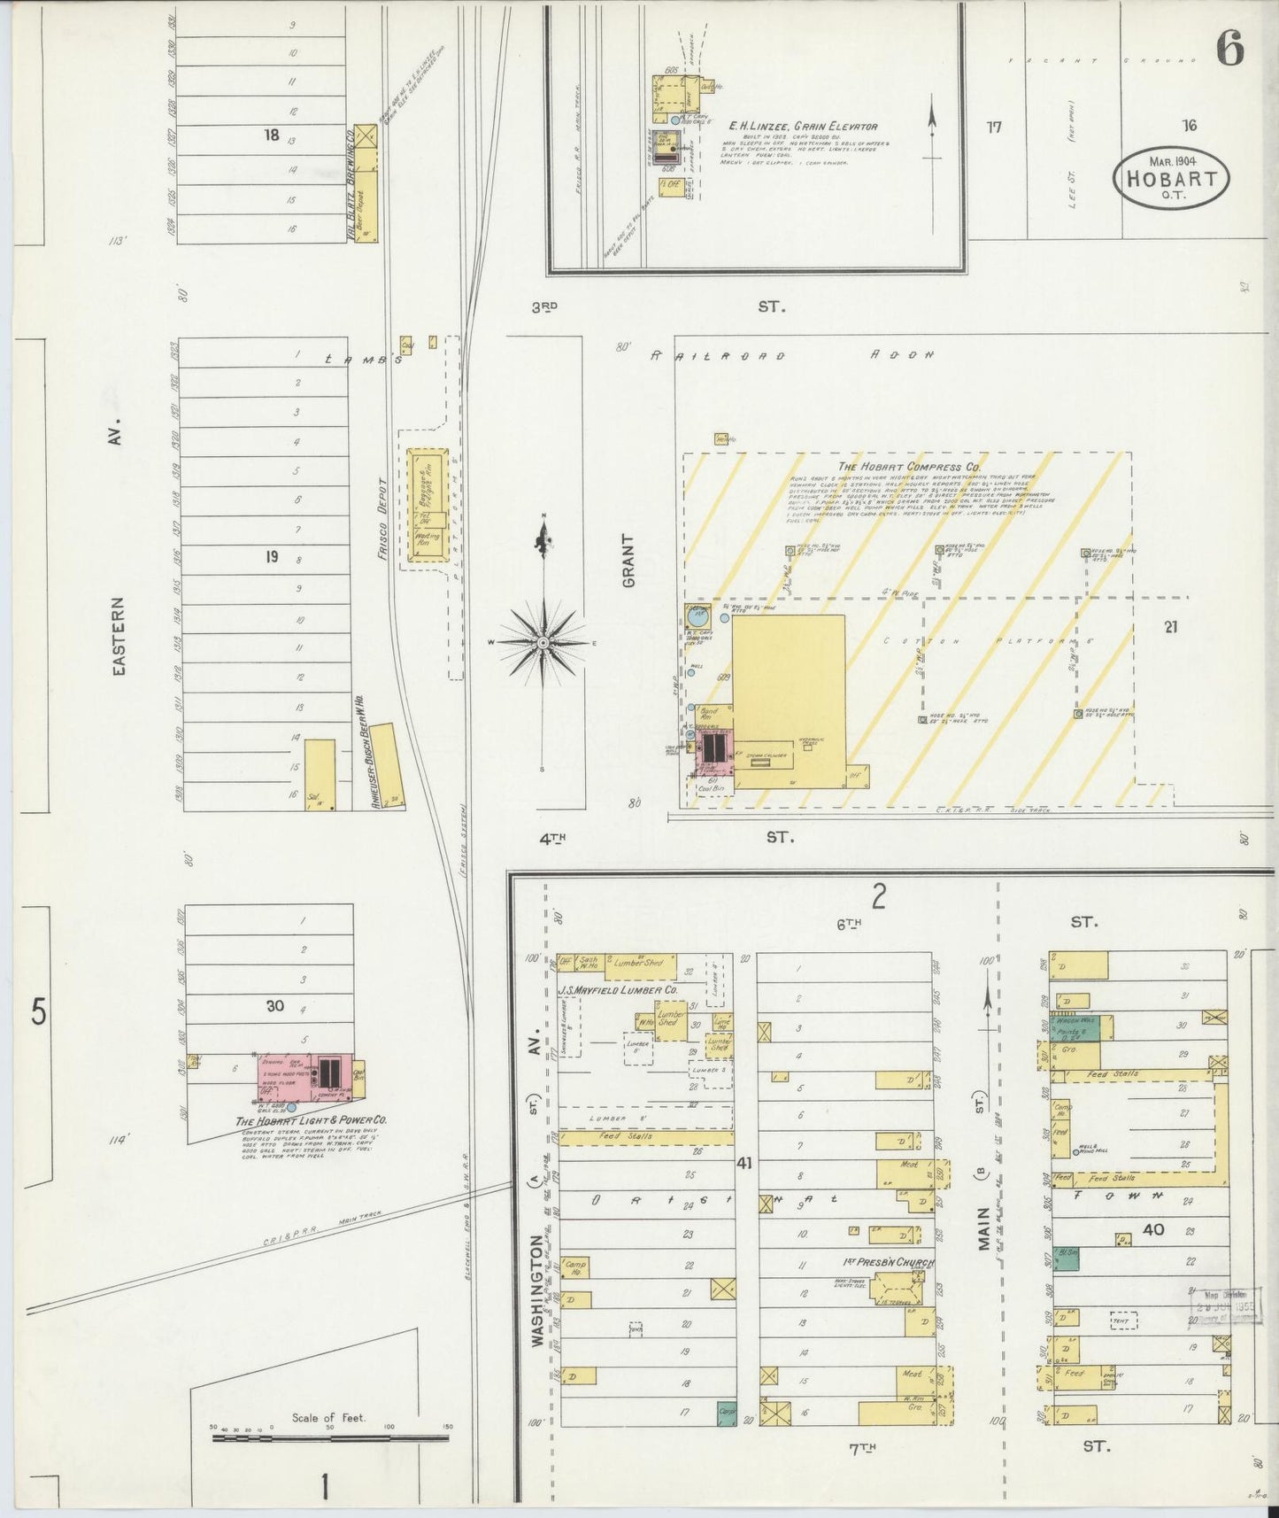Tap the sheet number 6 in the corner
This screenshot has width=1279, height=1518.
pyautogui.click(x=1229, y=49)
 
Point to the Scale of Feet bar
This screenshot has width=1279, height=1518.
pyautogui.click(x=330, y=1438)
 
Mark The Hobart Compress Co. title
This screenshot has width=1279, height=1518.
pyautogui.click(x=909, y=467)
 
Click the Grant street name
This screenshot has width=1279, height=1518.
pyautogui.click(x=629, y=561)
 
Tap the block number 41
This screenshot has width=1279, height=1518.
pyautogui.click(x=744, y=1163)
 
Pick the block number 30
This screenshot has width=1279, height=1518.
pyautogui.click(x=274, y=1006)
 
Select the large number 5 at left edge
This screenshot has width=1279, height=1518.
pyautogui.click(x=38, y=1011)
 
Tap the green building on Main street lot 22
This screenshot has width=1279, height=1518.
pyautogui.click(x=1069, y=1259)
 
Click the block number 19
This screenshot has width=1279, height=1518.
pyautogui.click(x=272, y=557)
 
